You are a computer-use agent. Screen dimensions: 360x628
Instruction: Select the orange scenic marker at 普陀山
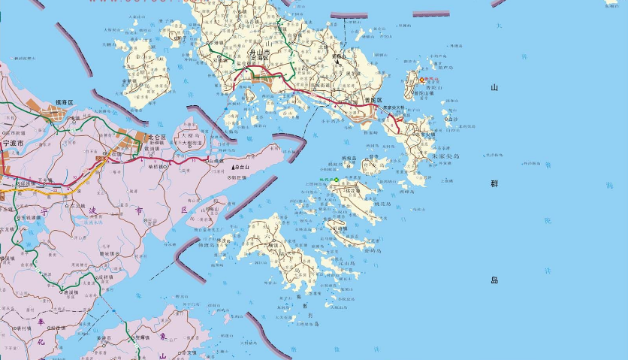pos(422,80)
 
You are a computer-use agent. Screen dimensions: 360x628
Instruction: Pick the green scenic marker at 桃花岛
pos(337,179)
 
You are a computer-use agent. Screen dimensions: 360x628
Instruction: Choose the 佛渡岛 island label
pos(207,244)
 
